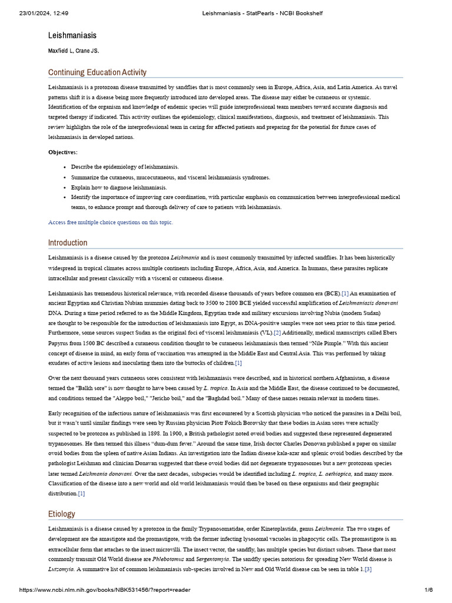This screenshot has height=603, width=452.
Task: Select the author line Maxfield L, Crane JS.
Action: [x=73, y=51]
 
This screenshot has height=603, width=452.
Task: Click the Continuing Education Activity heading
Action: [x=97, y=72]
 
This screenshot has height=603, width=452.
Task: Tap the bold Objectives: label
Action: [x=62, y=153]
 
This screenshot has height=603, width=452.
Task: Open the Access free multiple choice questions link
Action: [x=111, y=223]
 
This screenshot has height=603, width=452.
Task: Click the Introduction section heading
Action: [x=68, y=243]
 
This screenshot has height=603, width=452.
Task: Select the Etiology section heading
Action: [x=62, y=514]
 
